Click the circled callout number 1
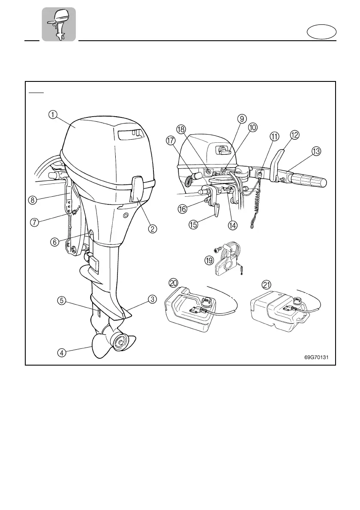[x=52, y=114]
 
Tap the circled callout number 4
[x=62, y=353]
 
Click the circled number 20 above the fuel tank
[x=174, y=284]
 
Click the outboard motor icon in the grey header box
[x=59, y=24]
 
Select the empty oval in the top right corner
[x=322, y=33]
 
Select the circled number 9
[x=242, y=119]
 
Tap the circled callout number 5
[x=62, y=300]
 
